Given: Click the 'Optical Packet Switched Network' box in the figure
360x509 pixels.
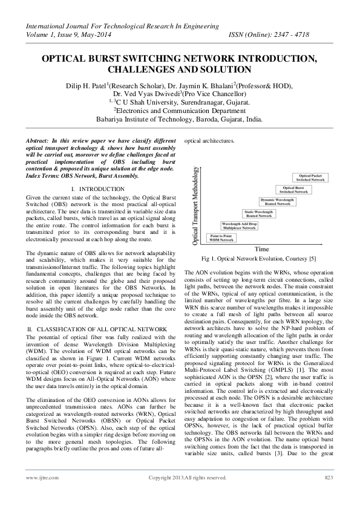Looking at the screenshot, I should tap(311, 177).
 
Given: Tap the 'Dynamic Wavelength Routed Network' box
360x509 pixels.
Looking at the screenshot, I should tap(278, 200).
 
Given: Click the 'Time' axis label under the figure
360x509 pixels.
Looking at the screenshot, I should tap(262, 248).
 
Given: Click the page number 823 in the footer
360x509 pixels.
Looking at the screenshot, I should tap(329, 495).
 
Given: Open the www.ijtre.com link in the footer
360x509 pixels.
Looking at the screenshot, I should tap(37, 495).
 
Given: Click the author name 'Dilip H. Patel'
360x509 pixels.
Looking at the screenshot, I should tap(94, 86).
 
